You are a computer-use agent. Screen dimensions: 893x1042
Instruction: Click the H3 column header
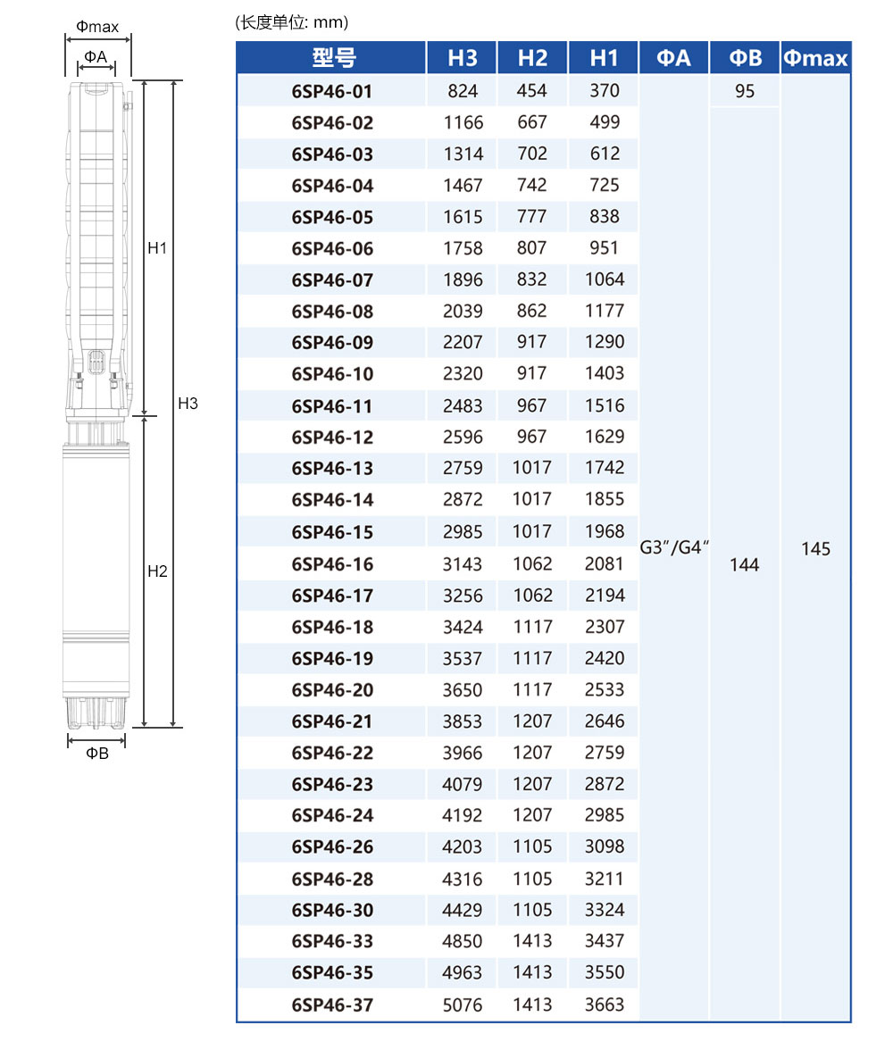click(463, 58)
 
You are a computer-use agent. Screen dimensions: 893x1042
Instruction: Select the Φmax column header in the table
click(815, 58)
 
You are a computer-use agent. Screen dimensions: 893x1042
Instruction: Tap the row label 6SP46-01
click(332, 91)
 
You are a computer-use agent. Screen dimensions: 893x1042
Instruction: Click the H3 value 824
click(463, 90)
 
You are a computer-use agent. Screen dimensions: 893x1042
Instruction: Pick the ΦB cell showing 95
click(744, 91)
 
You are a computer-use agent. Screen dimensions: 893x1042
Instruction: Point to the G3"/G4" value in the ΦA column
click(673, 547)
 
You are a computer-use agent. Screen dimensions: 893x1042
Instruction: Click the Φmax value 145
click(815, 548)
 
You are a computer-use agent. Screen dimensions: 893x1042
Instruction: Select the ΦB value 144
click(744, 564)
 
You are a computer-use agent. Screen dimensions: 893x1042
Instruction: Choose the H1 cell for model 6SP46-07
click(604, 279)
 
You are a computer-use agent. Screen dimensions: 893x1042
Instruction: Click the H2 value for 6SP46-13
click(532, 467)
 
